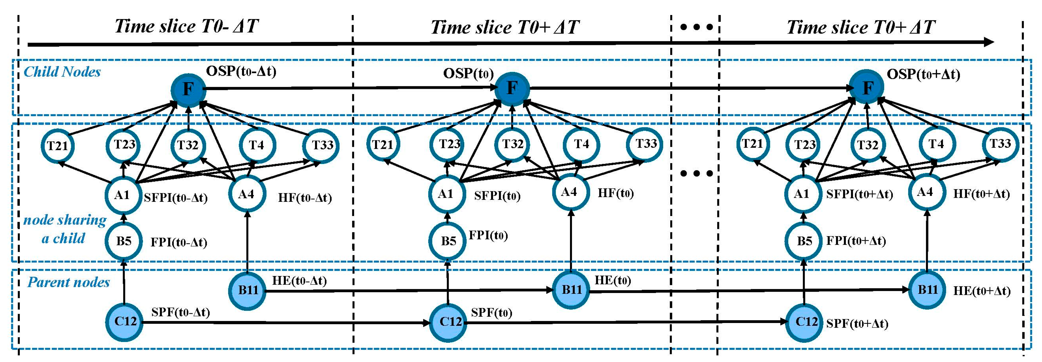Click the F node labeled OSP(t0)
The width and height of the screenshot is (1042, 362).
click(x=512, y=88)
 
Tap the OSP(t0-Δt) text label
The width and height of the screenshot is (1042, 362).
click(x=241, y=71)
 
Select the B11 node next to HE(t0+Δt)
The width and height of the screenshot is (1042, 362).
click(x=927, y=290)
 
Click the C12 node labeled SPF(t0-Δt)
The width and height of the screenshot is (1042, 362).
click(x=124, y=322)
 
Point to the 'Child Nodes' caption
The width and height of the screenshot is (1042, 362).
click(x=62, y=72)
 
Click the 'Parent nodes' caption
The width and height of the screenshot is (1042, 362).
click(x=68, y=282)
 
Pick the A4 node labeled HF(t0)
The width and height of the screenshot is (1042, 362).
click(x=569, y=192)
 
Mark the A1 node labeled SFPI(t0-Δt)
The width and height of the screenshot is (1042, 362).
click(x=123, y=195)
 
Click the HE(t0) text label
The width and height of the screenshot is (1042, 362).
click(x=612, y=280)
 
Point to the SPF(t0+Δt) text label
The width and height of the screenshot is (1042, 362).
click(x=857, y=323)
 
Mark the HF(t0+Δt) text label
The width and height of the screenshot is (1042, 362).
click(x=981, y=194)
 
